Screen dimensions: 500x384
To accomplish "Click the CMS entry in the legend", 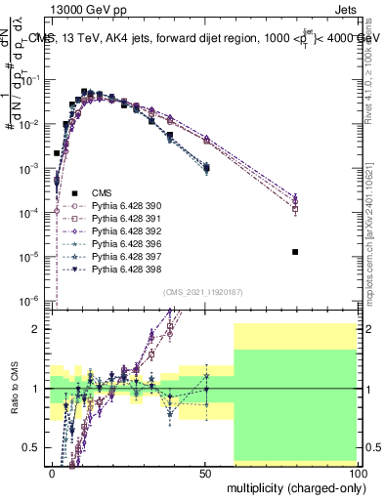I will (90, 193).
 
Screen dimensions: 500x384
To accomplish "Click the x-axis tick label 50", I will (205, 473).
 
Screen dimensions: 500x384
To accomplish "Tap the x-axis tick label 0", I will (52, 473).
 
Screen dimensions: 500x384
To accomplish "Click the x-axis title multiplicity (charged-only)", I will (291, 486).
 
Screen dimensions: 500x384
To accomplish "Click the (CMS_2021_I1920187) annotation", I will (204, 291).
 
